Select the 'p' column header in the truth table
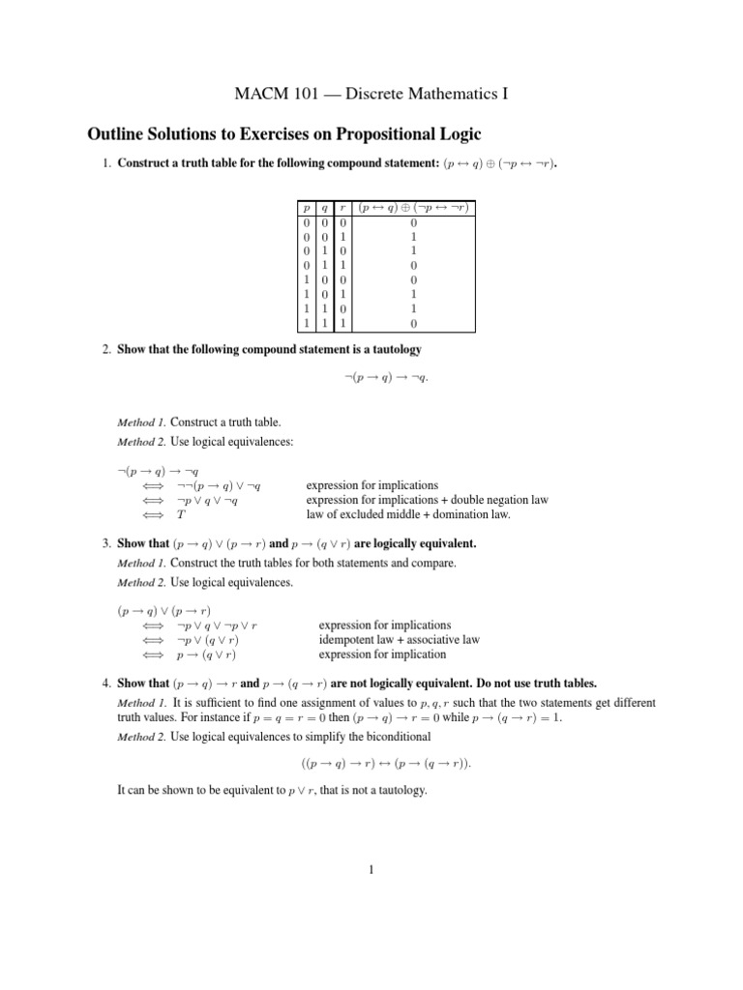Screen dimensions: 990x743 point(305,207)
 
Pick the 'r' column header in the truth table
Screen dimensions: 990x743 point(342,207)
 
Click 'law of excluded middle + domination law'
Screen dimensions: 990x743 point(407,514)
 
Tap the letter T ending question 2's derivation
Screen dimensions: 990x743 point(181,514)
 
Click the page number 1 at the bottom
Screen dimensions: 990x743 point(371,869)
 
